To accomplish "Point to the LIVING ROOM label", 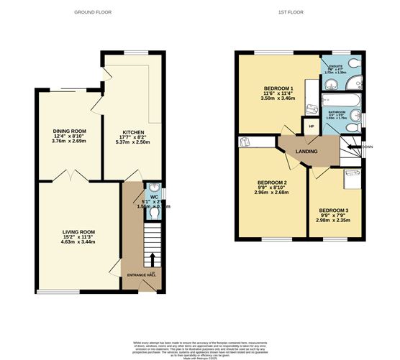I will click(78, 232).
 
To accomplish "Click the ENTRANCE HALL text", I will click(141, 275).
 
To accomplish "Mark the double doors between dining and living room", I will click(72, 175).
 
